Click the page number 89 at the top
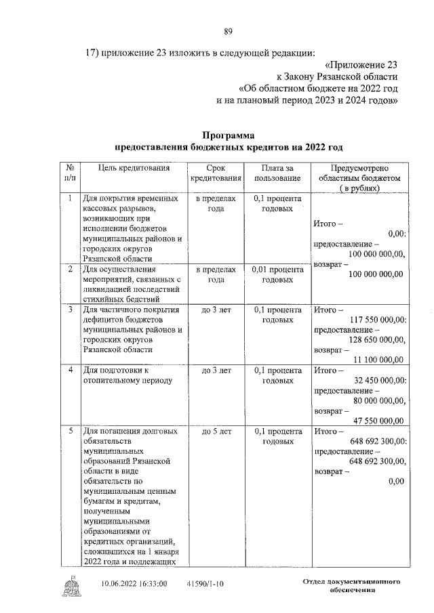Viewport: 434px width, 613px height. (x=229, y=30)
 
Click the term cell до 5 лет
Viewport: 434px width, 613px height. (x=216, y=430)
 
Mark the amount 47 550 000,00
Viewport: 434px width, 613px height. (x=378, y=420)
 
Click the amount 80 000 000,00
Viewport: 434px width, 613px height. (x=378, y=400)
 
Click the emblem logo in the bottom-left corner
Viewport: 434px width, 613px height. (x=70, y=584)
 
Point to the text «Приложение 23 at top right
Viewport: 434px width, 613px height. (x=361, y=65)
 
